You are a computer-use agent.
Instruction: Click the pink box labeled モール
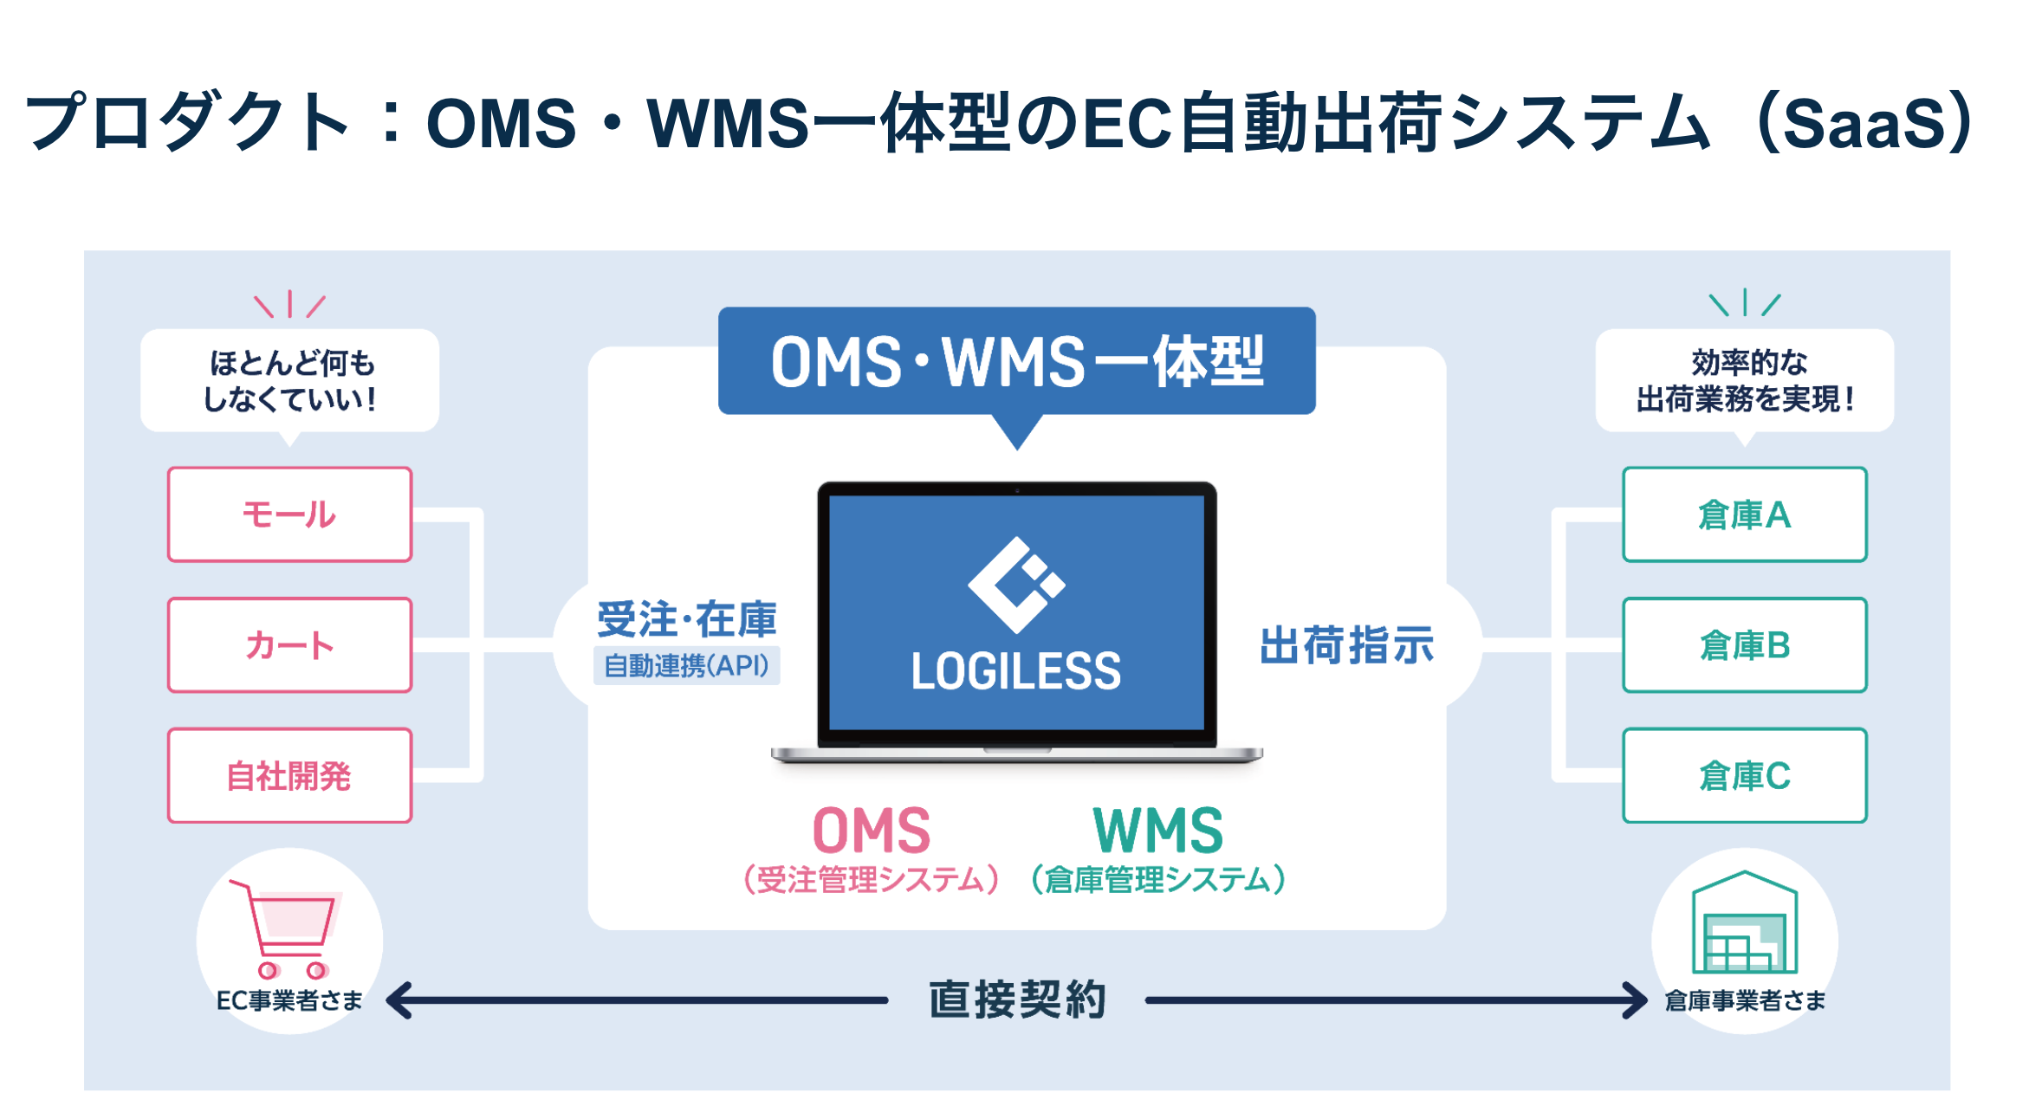pos(289,514)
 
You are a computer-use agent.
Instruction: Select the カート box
pos(289,645)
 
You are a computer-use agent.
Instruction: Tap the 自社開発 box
pos(289,776)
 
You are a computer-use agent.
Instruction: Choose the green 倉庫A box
pos(1744,514)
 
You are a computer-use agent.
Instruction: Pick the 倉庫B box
pos(1744,645)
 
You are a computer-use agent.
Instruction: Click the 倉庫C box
pos(1744,776)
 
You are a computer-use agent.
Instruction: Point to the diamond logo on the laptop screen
pos(1016,585)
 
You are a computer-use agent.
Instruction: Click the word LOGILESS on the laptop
pos(1016,672)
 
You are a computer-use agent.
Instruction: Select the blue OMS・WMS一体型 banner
pos(1016,361)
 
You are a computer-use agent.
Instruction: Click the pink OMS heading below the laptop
pos(871,831)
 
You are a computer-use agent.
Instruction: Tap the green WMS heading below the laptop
pos(1157,831)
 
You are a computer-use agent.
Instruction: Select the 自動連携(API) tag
pos(686,666)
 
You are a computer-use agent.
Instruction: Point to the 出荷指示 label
pos(1346,646)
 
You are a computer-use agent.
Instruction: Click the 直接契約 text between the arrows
pos(1017,1000)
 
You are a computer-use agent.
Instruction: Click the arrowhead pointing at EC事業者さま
pos(399,1000)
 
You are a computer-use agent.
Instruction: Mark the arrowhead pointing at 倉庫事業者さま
pos(1636,1000)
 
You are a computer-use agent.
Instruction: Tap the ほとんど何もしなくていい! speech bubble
pos(289,381)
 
